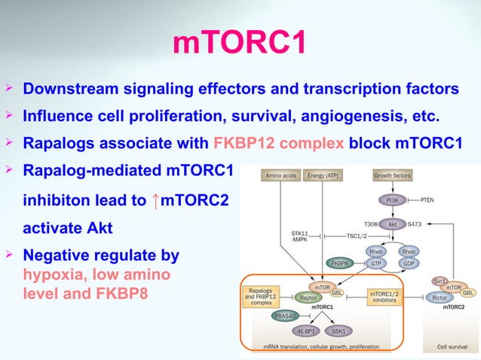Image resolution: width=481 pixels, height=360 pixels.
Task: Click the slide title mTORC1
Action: coord(240,43)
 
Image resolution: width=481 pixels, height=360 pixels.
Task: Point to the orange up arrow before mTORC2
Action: coord(156,200)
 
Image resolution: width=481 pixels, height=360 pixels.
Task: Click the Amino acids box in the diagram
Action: coord(280,176)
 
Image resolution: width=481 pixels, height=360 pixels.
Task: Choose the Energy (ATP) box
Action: coord(325,176)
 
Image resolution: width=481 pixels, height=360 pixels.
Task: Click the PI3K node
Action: coord(391,200)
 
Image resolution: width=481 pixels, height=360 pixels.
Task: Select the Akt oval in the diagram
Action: coord(391,224)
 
